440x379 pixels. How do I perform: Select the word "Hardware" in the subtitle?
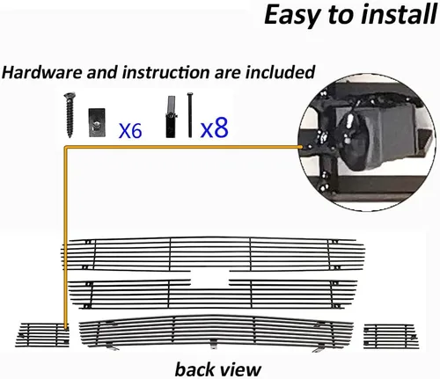tap(42, 72)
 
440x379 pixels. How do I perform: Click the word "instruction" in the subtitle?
tap(166, 72)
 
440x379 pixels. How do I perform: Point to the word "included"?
tap(280, 72)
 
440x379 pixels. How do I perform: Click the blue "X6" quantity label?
tap(130, 131)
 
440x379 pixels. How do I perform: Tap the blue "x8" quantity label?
tap(214, 128)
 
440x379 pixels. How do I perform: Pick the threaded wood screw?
tap(70, 114)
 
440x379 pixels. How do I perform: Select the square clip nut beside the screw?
tap(97, 122)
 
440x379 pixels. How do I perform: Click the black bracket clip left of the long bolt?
tap(171, 117)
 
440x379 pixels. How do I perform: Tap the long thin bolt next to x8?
tap(190, 115)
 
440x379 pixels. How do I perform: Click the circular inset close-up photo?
tap(366, 142)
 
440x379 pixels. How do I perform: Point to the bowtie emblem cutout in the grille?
tap(209, 279)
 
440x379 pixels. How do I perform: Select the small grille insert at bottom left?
tap(42, 334)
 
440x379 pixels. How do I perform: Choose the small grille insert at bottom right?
tap(391, 336)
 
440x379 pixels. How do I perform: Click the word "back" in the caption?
tap(194, 369)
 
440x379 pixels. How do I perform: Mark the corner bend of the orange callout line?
tap(66, 148)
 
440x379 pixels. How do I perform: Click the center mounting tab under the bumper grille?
tap(213, 344)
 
